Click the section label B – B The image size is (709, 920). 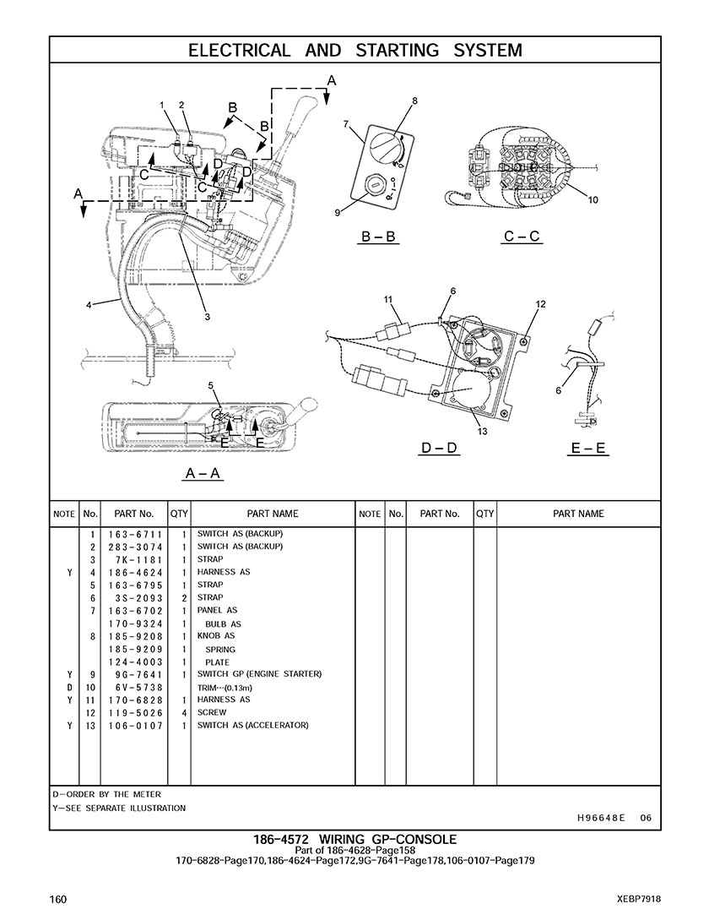378,237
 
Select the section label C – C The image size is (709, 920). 522,237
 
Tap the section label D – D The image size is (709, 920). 439,449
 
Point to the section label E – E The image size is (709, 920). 588,449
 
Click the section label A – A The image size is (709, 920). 203,473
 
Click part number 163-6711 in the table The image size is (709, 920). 135,534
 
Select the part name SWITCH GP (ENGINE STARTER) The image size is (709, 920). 259,674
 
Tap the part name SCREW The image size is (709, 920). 212,712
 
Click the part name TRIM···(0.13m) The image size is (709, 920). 225,688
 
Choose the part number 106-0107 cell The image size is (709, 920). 135,726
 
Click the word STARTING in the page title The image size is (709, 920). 397,51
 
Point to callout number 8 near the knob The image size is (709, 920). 414,101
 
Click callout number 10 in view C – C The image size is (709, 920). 593,199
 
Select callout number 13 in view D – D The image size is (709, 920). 483,432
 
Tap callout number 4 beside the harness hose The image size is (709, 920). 89,304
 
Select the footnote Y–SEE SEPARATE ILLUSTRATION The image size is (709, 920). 119,808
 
